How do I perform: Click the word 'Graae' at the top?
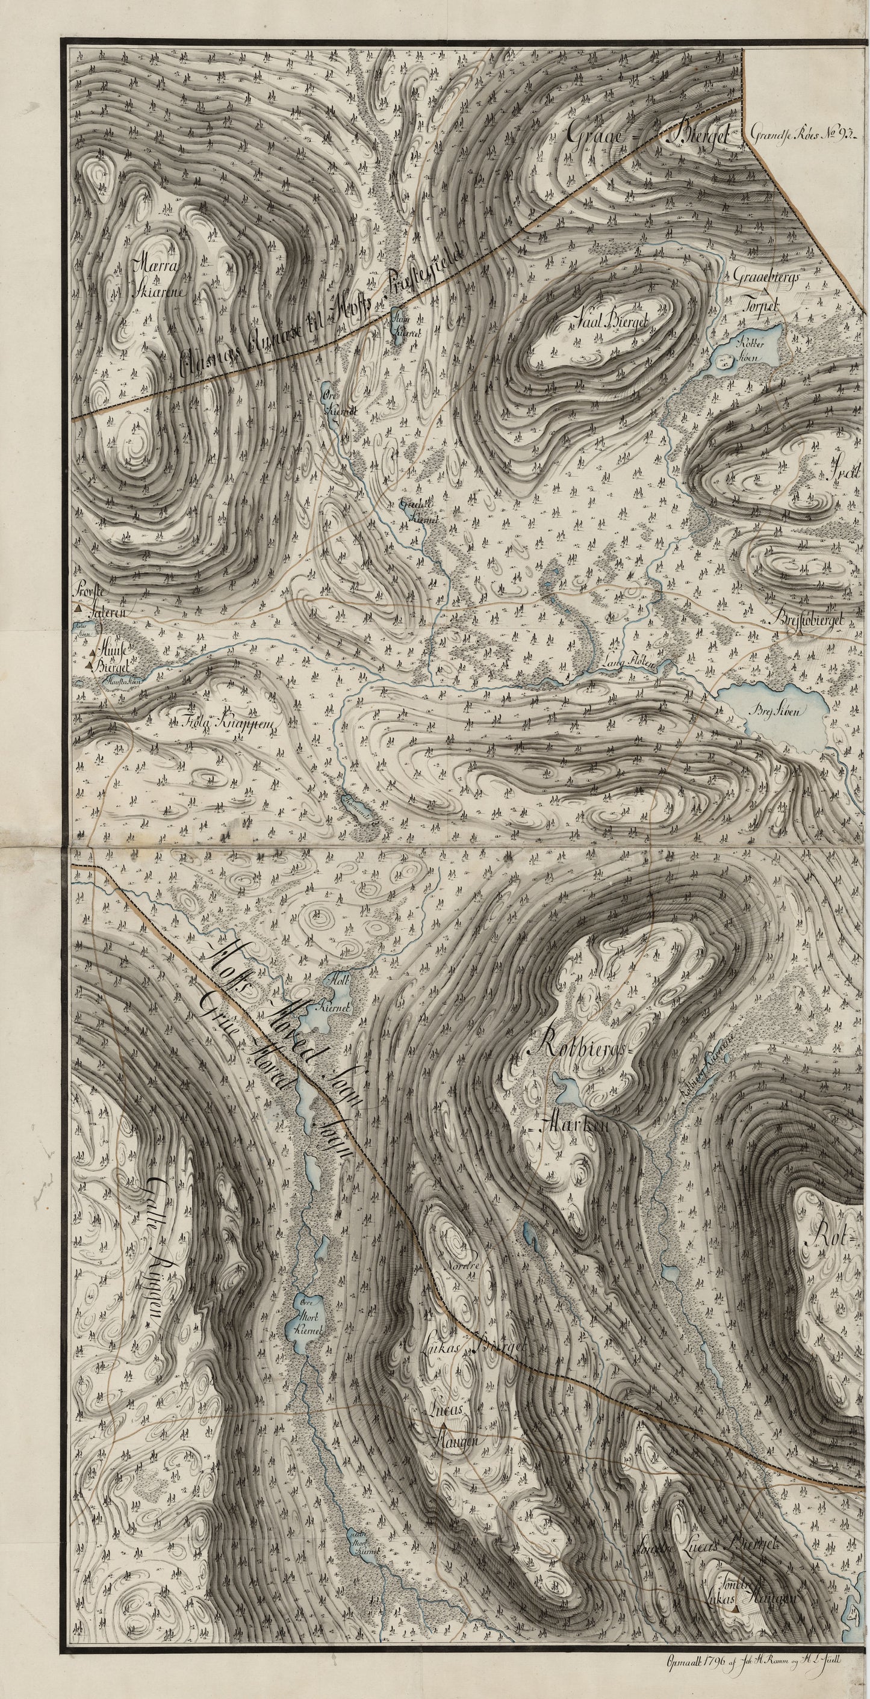[x=594, y=136]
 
